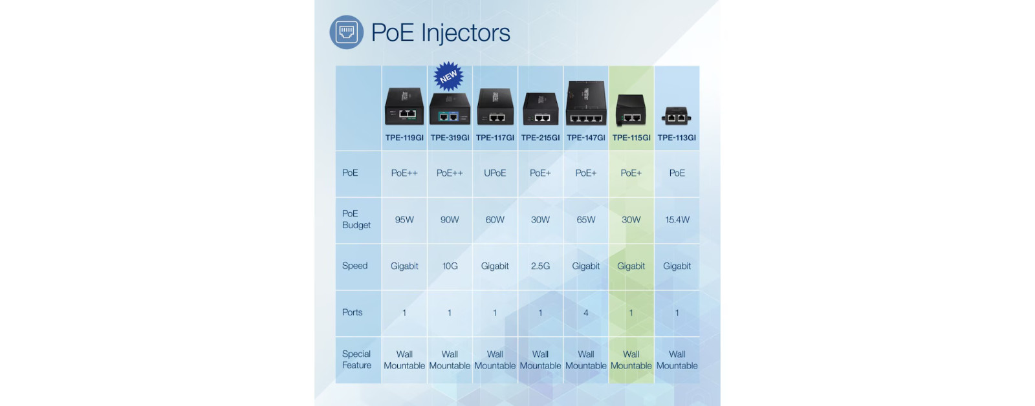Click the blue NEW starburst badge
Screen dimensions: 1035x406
449,76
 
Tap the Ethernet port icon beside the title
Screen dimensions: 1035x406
347,32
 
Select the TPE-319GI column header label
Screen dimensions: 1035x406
450,138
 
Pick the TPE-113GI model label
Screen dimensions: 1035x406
677,138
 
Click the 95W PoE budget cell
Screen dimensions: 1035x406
404,220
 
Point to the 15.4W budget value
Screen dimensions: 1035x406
677,220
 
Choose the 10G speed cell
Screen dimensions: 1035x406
450,266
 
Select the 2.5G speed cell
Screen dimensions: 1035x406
540,266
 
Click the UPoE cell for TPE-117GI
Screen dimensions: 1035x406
495,173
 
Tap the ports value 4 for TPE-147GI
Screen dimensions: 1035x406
586,313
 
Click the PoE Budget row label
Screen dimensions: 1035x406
356,219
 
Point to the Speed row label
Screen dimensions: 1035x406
355,266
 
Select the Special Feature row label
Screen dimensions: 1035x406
356,359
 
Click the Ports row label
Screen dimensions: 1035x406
352,312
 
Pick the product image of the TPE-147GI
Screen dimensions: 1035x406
586,103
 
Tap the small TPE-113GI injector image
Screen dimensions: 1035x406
677,116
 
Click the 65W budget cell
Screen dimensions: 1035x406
586,220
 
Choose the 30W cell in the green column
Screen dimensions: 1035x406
631,220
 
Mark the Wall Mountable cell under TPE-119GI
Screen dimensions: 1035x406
404,360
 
